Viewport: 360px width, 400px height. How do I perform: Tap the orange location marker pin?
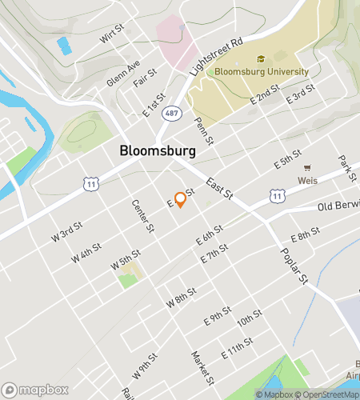(x=181, y=198)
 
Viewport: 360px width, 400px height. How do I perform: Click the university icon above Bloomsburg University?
(x=261, y=58)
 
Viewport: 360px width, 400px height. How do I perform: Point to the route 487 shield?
(x=172, y=114)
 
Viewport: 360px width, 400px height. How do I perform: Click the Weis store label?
(x=308, y=181)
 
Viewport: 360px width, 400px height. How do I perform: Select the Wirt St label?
(x=112, y=34)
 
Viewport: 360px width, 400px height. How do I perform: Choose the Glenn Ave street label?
(x=124, y=73)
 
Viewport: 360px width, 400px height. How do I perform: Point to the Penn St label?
(x=204, y=131)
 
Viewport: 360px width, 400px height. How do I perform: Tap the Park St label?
(x=346, y=168)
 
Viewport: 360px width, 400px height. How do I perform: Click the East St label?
(x=218, y=189)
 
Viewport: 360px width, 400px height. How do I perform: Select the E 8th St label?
(x=305, y=234)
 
